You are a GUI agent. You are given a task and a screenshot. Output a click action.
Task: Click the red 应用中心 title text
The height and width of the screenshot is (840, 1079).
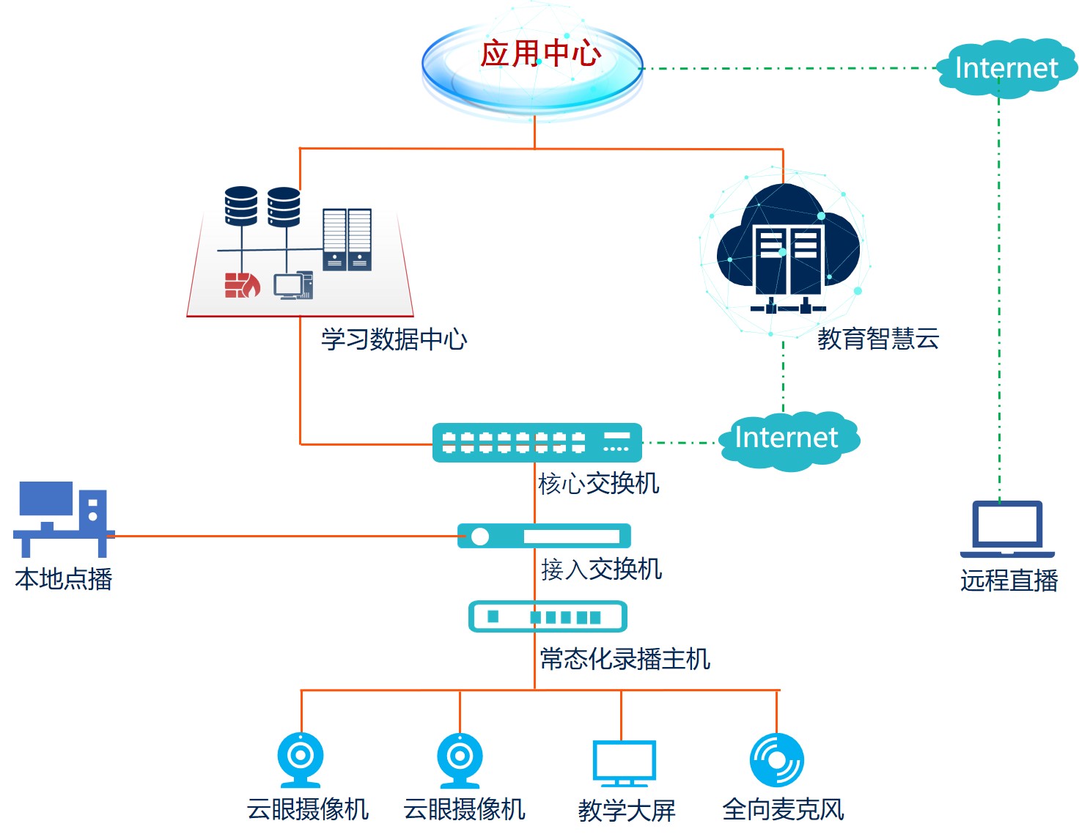(541, 54)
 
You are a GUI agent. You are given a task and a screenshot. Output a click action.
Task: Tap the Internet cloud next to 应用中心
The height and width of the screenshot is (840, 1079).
(1006, 68)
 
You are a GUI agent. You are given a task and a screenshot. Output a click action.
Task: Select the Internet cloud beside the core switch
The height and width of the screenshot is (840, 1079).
(787, 438)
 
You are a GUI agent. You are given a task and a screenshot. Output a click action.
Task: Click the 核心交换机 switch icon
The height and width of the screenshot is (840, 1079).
(537, 443)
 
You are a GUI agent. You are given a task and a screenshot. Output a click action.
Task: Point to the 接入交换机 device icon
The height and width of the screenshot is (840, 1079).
(544, 537)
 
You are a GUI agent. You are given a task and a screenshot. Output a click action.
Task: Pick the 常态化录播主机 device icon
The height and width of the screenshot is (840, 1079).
(548, 616)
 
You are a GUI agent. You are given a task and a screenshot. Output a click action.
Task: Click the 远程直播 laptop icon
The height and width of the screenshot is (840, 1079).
(1007, 528)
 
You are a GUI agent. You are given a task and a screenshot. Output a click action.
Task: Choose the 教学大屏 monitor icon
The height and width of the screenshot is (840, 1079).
(623, 763)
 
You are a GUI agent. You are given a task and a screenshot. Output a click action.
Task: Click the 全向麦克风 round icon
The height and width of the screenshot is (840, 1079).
(777, 760)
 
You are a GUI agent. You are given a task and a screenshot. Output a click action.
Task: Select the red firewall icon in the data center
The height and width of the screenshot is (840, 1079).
(242, 285)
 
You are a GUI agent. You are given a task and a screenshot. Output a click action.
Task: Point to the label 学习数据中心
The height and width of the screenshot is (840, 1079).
(394, 339)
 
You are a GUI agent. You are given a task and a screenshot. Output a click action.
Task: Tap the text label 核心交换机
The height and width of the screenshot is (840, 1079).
(598, 484)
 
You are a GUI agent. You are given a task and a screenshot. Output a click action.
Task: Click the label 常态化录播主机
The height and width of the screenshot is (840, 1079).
(625, 659)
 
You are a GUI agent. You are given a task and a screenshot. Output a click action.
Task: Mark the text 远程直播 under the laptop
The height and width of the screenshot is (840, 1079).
(1009, 581)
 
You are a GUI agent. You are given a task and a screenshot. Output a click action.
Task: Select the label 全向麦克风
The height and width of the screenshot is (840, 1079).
(783, 809)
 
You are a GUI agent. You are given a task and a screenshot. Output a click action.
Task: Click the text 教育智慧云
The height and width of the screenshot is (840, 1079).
(878, 339)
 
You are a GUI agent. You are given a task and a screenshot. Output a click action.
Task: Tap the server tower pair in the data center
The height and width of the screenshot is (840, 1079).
(347, 239)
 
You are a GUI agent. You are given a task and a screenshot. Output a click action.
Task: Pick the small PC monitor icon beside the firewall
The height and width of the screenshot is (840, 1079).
(293, 285)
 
